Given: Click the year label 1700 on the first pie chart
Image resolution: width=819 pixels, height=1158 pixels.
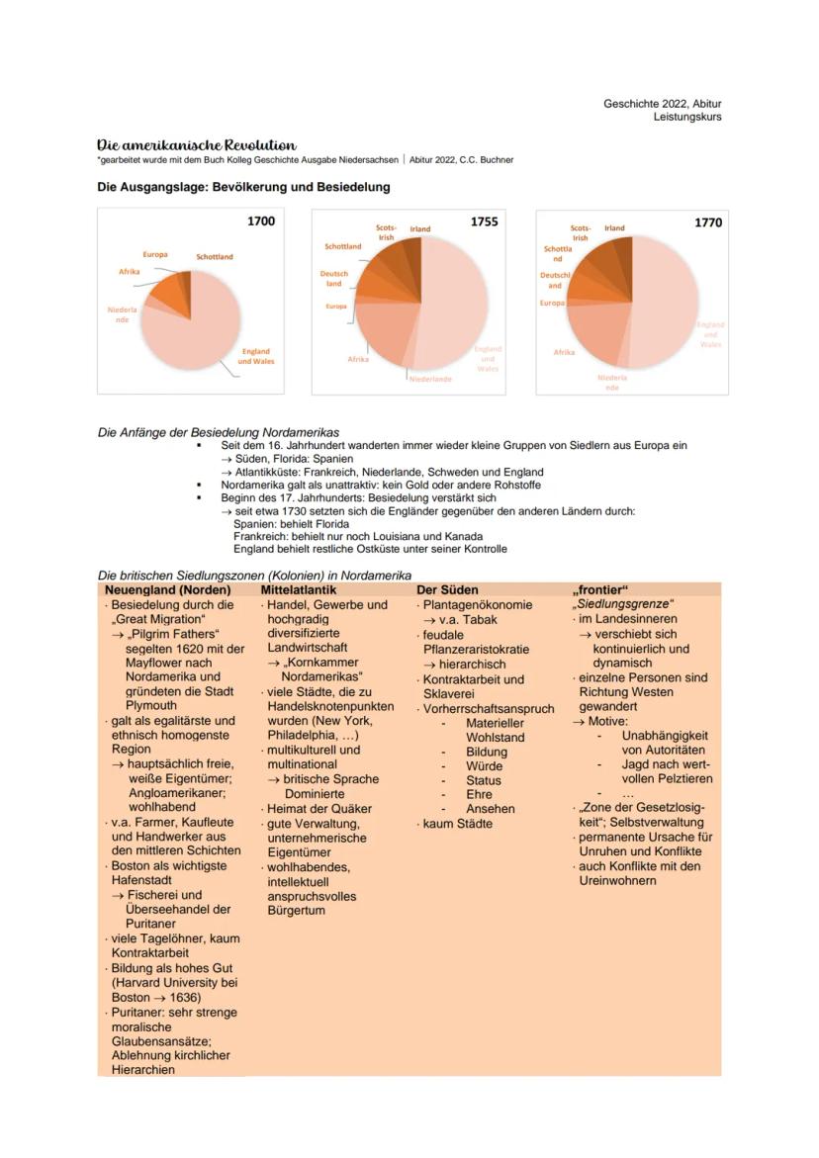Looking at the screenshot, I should click(261, 222).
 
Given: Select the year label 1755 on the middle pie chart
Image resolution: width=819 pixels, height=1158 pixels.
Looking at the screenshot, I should click(484, 222).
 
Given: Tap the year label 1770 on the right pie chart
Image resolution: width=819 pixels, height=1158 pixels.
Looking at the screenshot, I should click(707, 223).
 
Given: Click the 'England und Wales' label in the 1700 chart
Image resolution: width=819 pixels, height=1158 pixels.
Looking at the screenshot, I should click(255, 356).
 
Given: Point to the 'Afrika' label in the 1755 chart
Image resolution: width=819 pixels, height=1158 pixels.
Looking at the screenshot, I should click(358, 359).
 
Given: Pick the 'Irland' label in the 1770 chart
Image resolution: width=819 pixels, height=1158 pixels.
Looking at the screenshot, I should click(614, 228).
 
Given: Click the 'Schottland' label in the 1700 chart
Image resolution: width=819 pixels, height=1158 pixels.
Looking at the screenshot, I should click(215, 257).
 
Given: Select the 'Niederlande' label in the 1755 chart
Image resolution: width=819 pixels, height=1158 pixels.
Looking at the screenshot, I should click(430, 379).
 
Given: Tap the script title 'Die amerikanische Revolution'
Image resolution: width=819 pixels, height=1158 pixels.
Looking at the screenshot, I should click(196, 144).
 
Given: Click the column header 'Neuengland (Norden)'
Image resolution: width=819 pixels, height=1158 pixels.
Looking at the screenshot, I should click(167, 589).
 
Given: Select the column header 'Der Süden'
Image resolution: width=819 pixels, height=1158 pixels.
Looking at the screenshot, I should click(447, 589).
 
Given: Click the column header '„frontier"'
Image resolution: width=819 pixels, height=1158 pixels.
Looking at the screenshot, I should click(600, 589).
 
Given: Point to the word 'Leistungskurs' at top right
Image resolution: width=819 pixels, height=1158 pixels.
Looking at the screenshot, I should click(687, 117).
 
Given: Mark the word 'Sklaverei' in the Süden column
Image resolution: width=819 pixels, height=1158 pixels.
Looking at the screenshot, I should click(449, 694).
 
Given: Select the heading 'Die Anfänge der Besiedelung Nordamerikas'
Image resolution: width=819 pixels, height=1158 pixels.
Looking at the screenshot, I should click(219, 432).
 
